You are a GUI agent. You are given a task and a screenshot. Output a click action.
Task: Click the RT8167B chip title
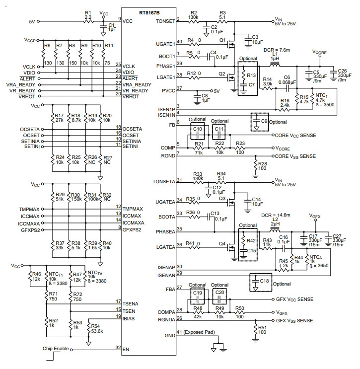point(149,12)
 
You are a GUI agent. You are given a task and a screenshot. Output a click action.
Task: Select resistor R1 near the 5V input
point(88,21)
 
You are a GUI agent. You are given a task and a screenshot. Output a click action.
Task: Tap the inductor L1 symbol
point(275,64)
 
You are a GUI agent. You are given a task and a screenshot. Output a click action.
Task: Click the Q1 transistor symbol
point(230,44)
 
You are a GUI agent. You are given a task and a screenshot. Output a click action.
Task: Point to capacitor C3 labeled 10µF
point(248,42)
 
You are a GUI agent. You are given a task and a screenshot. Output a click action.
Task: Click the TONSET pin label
point(165,21)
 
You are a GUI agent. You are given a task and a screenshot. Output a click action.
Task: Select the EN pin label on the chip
point(126,350)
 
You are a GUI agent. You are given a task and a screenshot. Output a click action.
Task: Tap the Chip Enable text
point(56,349)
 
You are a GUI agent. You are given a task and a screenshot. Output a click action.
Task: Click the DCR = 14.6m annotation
point(276,215)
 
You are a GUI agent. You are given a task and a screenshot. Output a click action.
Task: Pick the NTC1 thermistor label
point(321,95)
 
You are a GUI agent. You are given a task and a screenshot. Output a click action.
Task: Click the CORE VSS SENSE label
point(295,156)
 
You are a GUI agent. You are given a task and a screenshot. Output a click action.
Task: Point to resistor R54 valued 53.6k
point(88,328)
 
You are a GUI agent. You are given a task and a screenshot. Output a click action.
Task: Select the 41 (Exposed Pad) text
point(196,332)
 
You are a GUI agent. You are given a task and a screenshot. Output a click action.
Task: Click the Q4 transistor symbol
point(231,247)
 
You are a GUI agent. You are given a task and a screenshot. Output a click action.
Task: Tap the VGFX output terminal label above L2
point(315,216)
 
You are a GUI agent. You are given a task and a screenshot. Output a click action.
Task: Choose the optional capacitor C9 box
point(260,122)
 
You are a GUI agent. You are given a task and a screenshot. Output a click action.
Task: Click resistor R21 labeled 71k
point(198,148)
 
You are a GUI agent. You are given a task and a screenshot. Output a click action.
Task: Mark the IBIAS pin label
point(129,319)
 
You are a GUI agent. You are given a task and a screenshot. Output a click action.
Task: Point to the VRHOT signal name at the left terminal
point(27,96)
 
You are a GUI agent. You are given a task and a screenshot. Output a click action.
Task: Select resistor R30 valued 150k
point(69,197)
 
